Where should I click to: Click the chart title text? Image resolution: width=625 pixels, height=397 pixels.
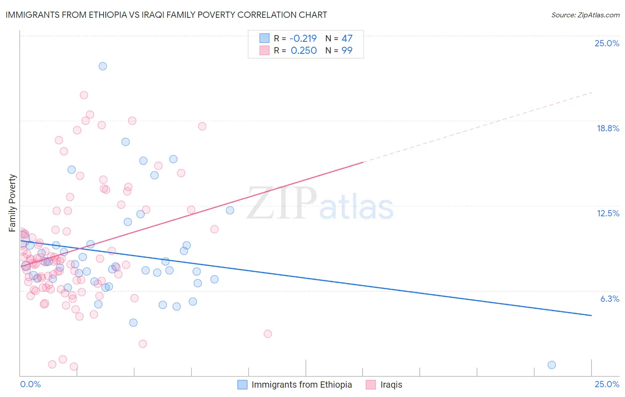[x=166, y=15]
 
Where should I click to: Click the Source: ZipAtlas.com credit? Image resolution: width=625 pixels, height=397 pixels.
[x=585, y=15]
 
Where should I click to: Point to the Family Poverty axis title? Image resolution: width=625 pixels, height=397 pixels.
[x=12, y=203]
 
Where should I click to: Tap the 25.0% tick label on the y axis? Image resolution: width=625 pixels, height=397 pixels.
[x=607, y=44]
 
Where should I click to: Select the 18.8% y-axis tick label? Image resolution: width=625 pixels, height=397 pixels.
[x=608, y=129]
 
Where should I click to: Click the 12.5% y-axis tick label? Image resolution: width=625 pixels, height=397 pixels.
[x=608, y=214]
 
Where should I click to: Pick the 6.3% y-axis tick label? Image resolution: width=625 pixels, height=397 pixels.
[x=609, y=299]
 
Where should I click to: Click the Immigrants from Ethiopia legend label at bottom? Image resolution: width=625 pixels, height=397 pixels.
[x=301, y=385]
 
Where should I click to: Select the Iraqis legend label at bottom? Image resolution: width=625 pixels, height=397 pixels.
[x=391, y=385]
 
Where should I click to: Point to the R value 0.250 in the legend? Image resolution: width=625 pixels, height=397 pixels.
[x=304, y=51]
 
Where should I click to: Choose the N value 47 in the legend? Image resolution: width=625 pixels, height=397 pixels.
[x=347, y=39]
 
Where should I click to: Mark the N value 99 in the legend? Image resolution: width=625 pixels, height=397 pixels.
[x=347, y=51]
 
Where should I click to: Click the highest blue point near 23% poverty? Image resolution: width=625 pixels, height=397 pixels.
[x=103, y=66]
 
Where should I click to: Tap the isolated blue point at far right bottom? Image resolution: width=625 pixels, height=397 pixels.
[x=552, y=365]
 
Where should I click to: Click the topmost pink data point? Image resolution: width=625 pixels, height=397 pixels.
[x=84, y=95]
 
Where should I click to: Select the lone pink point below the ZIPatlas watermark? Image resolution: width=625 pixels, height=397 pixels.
[x=268, y=334]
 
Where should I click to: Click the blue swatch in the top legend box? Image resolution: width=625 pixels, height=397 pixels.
[x=264, y=39]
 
